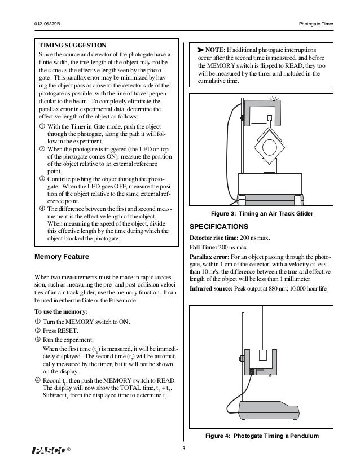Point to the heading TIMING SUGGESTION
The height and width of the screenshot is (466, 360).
(x=71, y=44)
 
